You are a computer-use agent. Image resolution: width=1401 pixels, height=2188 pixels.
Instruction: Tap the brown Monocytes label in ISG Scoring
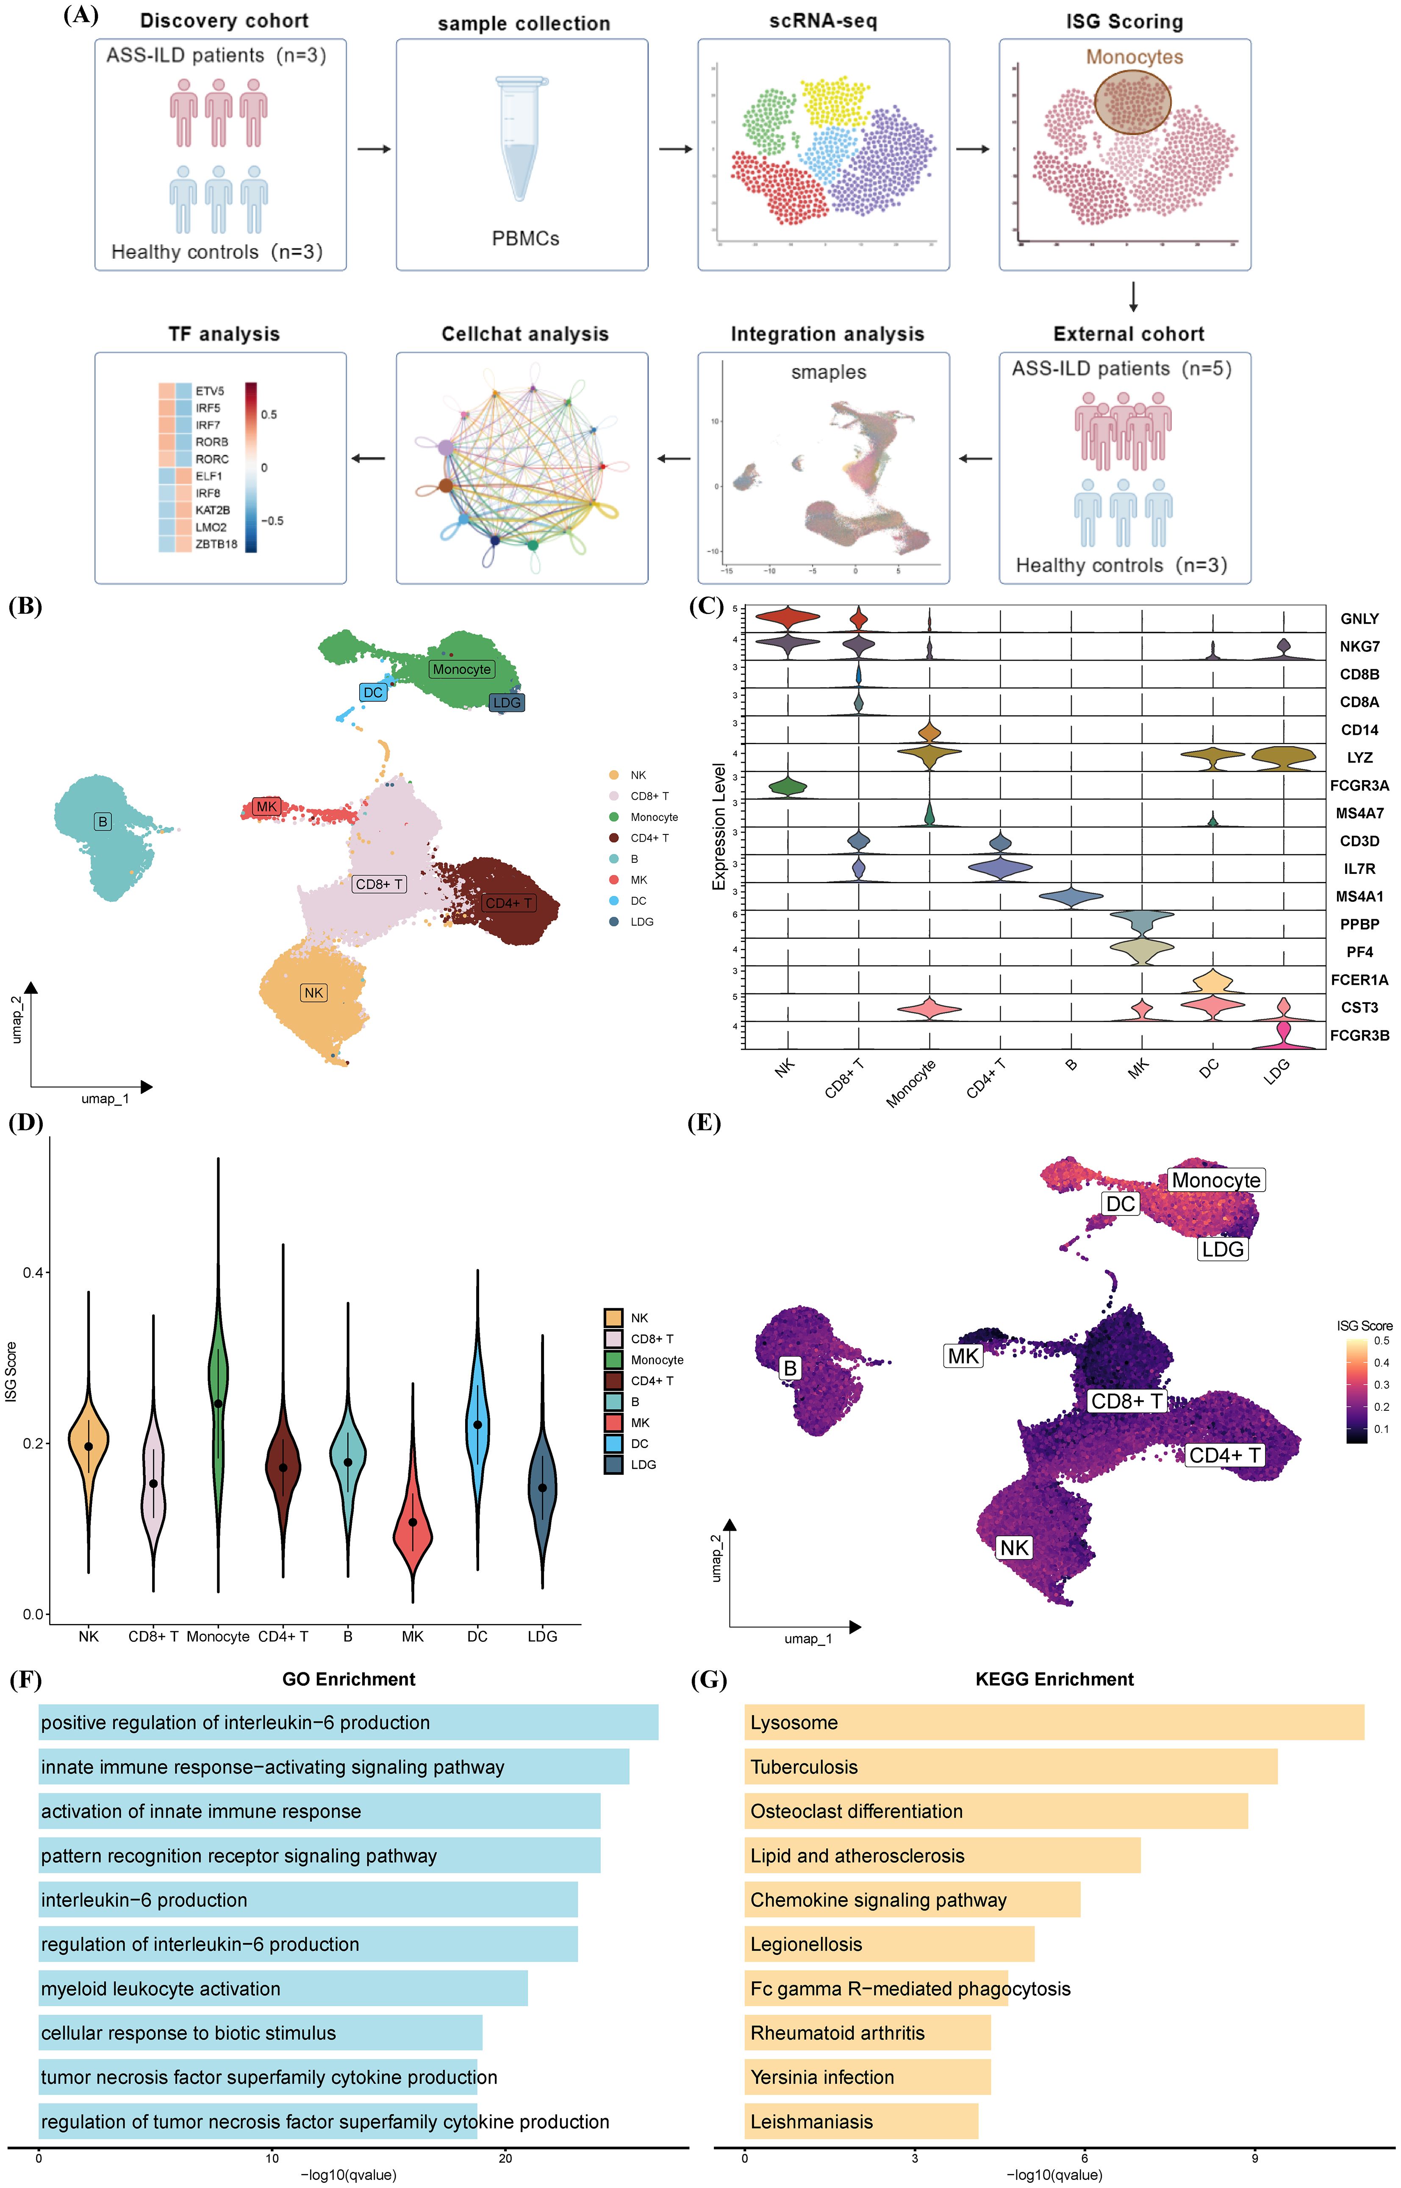[x=1134, y=57]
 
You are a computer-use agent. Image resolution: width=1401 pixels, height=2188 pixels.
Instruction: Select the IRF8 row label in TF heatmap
[x=208, y=493]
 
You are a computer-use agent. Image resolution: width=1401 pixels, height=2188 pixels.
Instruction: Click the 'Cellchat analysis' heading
[x=525, y=334]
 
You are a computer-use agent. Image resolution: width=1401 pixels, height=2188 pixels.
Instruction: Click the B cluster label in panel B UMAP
[x=103, y=822]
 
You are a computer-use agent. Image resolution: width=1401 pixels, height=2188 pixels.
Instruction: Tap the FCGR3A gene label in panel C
[x=1359, y=785]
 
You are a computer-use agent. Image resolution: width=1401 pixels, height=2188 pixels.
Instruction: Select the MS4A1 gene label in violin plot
[x=1359, y=896]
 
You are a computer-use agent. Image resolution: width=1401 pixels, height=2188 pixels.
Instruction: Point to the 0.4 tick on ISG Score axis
[x=33, y=1272]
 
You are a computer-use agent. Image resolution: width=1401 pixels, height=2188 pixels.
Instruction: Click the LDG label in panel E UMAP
[x=1222, y=1249]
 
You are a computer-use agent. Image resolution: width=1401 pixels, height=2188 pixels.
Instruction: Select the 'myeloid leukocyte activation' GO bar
[x=282, y=1988]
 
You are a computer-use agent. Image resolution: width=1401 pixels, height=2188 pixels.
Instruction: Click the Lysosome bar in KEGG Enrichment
[x=1054, y=1722]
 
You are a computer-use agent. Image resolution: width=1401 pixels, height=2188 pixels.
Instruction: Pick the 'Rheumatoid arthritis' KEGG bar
[x=867, y=2032]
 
